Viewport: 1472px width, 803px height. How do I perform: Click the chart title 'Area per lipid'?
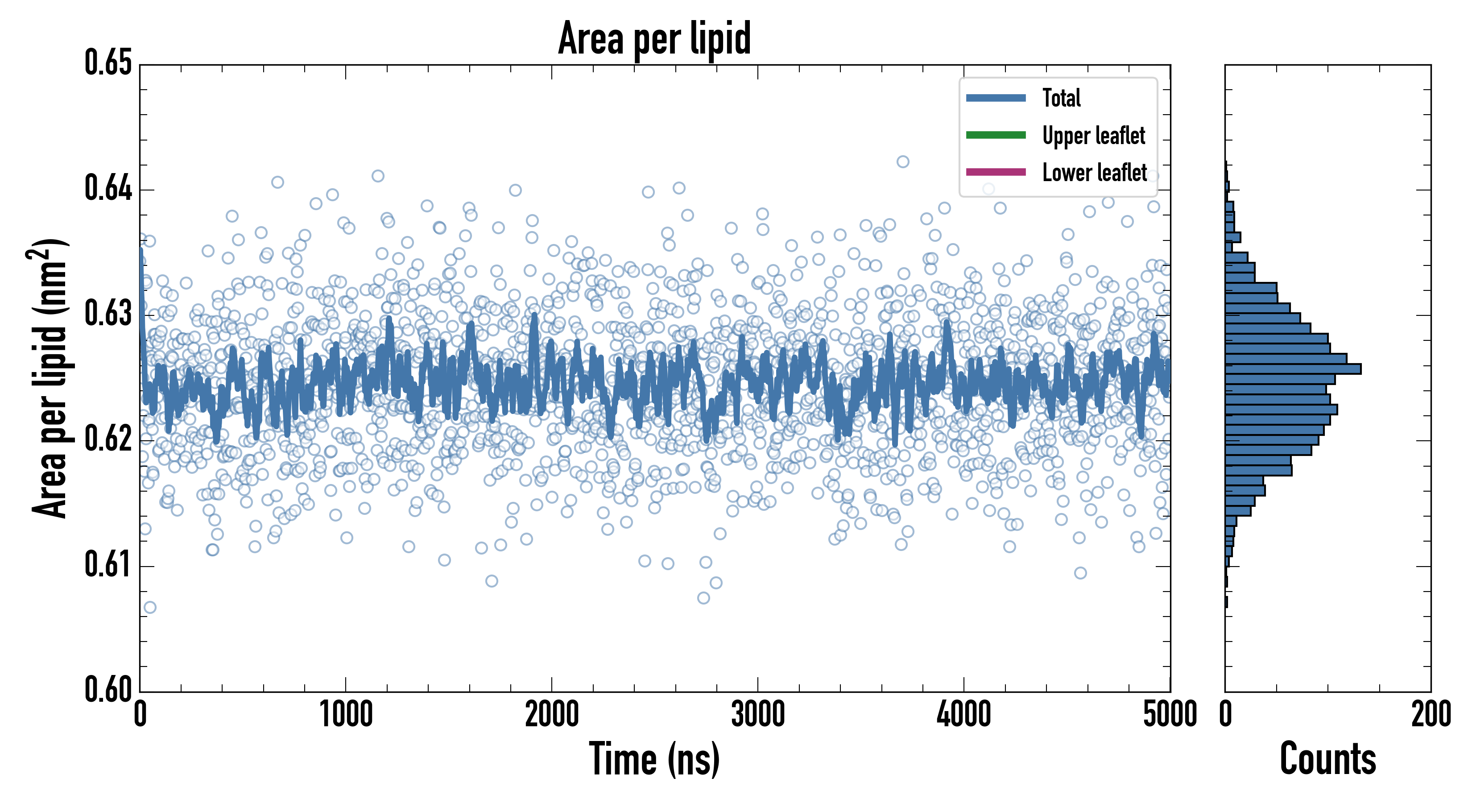(654, 38)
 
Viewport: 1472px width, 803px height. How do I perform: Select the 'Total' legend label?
(1061, 98)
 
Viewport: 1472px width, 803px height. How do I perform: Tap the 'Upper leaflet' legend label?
(1093, 136)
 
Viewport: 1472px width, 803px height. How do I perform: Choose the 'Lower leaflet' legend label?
(1094, 173)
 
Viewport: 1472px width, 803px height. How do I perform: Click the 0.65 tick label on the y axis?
(108, 63)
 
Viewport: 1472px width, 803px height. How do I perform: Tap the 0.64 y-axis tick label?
(108, 189)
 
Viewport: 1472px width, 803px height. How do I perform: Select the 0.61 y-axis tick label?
(108, 565)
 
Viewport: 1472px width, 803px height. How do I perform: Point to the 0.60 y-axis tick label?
(108, 690)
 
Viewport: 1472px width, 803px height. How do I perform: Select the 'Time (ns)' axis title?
(654, 760)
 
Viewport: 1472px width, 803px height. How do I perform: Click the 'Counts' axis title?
(1327, 760)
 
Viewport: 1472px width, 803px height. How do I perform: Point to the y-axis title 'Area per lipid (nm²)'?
(49, 378)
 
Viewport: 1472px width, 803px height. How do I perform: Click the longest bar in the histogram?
(1293, 368)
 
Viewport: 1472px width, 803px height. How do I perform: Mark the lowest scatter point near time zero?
(150, 607)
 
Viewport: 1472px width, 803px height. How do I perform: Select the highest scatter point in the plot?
(903, 162)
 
